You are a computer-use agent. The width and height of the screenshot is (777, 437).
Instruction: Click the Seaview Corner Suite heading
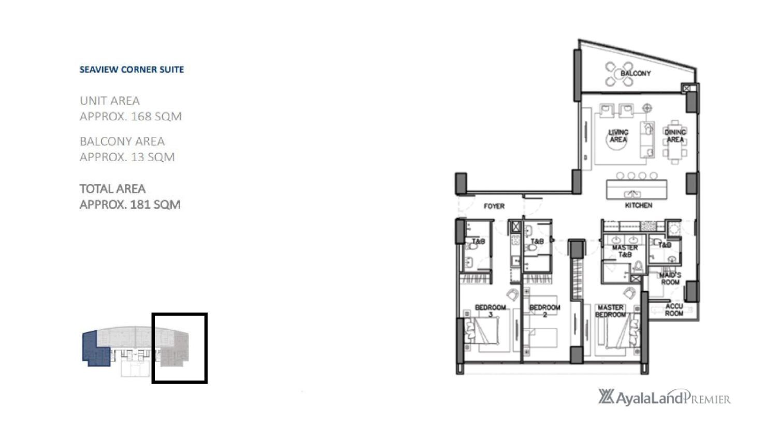[x=132, y=70]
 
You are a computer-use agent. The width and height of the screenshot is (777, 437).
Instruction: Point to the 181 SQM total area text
[x=155, y=204]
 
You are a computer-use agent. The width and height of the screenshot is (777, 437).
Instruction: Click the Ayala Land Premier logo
[x=664, y=397]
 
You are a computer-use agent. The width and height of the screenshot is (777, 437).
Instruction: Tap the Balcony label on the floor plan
[x=636, y=73]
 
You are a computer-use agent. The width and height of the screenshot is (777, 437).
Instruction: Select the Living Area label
[x=618, y=136]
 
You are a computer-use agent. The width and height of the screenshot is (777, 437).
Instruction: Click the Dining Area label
[x=675, y=136]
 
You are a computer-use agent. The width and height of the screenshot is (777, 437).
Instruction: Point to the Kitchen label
[x=638, y=205]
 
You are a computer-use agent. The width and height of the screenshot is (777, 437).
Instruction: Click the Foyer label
[x=494, y=206]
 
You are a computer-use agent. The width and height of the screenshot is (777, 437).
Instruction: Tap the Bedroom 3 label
[x=491, y=311]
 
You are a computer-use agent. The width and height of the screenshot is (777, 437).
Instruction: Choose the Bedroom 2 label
[x=544, y=311]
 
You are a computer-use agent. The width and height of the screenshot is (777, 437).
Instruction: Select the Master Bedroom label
[x=611, y=311]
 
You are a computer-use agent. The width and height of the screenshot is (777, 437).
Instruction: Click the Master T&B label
[x=625, y=251]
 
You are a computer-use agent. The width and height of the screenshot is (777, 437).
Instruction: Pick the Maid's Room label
[x=670, y=278]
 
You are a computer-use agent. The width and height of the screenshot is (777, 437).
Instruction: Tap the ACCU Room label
[x=674, y=309]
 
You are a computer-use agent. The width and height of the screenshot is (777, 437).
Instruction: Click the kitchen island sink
[x=632, y=194]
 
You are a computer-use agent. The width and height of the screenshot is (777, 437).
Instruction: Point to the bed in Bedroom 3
[x=482, y=330]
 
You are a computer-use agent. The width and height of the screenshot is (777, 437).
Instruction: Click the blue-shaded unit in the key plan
[x=96, y=348]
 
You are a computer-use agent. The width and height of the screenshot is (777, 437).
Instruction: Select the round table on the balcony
[x=619, y=74]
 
